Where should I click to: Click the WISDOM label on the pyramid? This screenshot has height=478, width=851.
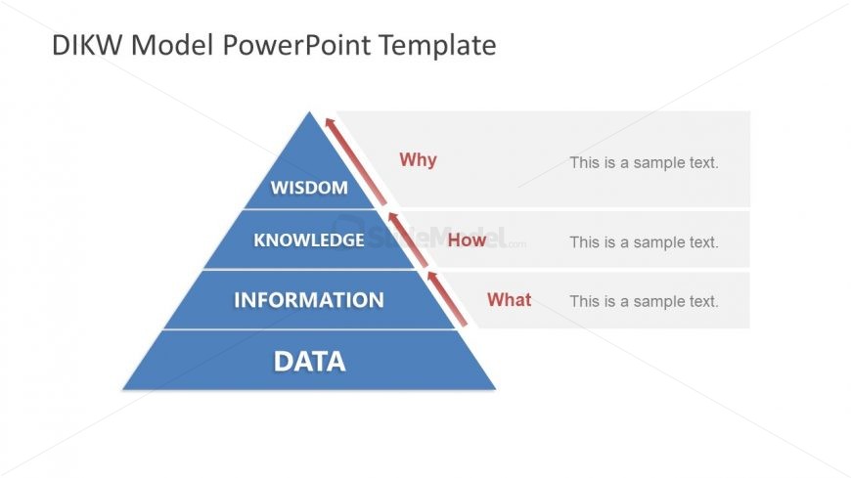tap(309, 188)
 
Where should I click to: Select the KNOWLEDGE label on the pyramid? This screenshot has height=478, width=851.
tap(308, 239)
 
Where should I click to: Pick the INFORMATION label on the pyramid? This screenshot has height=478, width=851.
tap(308, 300)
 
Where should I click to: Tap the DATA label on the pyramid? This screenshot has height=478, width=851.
tap(309, 362)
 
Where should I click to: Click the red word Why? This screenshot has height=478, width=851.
tap(418, 160)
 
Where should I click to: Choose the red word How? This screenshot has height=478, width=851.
tap(467, 239)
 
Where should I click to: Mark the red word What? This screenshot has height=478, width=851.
tap(509, 300)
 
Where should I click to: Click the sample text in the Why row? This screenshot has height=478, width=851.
tap(644, 162)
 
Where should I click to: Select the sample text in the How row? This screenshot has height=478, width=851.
tap(644, 241)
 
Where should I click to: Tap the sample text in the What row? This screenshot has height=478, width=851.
tap(644, 301)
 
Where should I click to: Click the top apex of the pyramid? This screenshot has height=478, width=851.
tap(310, 113)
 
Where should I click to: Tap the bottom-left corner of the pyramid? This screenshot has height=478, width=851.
tap(125, 387)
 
